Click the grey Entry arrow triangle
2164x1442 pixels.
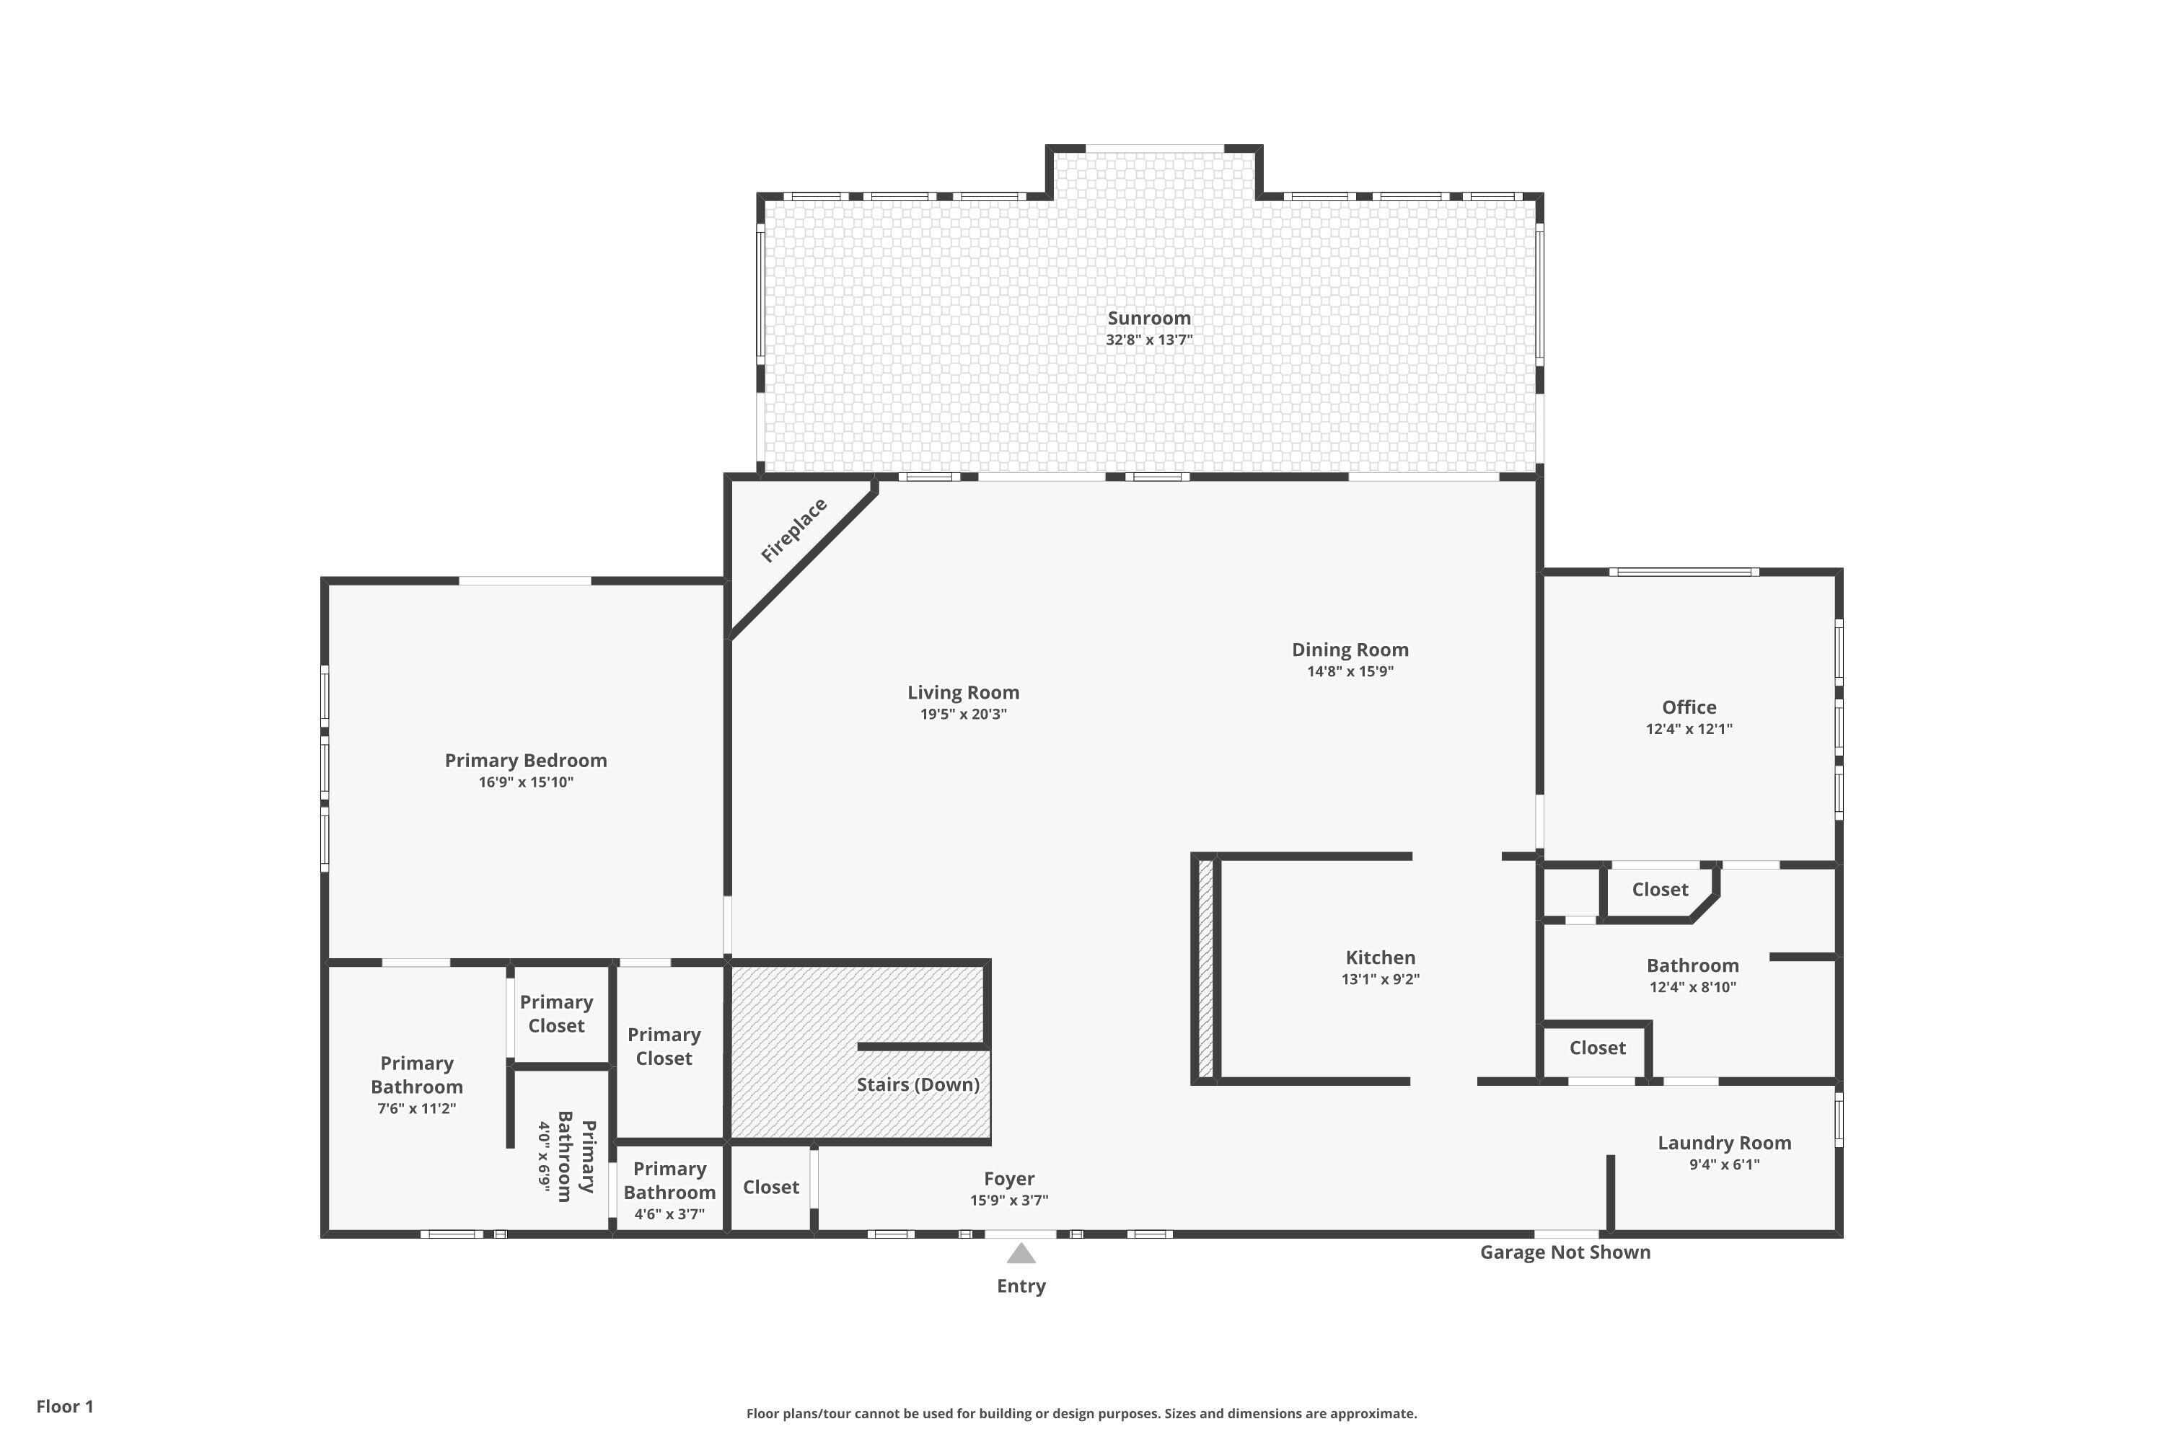tap(1021, 1254)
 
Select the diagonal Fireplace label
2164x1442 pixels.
tap(794, 531)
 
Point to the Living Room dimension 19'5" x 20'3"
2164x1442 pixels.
tap(963, 715)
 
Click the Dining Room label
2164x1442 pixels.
tap(1350, 650)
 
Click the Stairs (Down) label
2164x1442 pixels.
tap(918, 1084)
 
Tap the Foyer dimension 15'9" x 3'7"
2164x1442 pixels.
tap(1008, 1200)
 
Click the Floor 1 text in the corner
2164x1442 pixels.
tap(64, 1406)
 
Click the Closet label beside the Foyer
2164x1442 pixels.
tap(770, 1187)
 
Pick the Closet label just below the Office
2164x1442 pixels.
tap(1660, 889)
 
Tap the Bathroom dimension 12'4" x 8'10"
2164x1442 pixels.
tap(1692, 988)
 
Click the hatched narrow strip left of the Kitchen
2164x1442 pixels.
tap(1205, 968)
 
